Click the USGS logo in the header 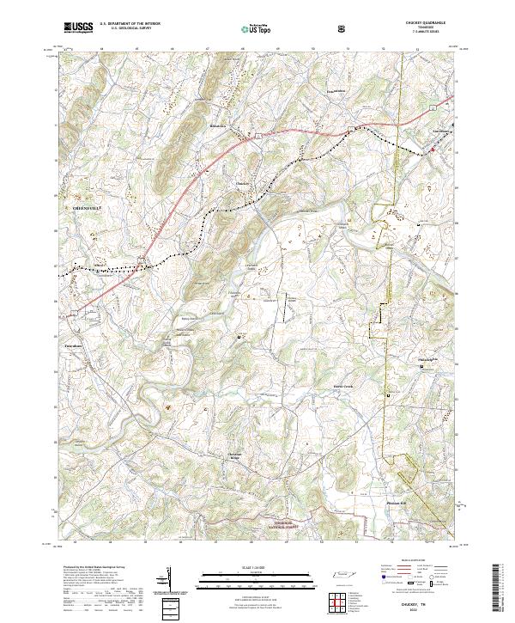[77, 27]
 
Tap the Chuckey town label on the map [243, 182]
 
